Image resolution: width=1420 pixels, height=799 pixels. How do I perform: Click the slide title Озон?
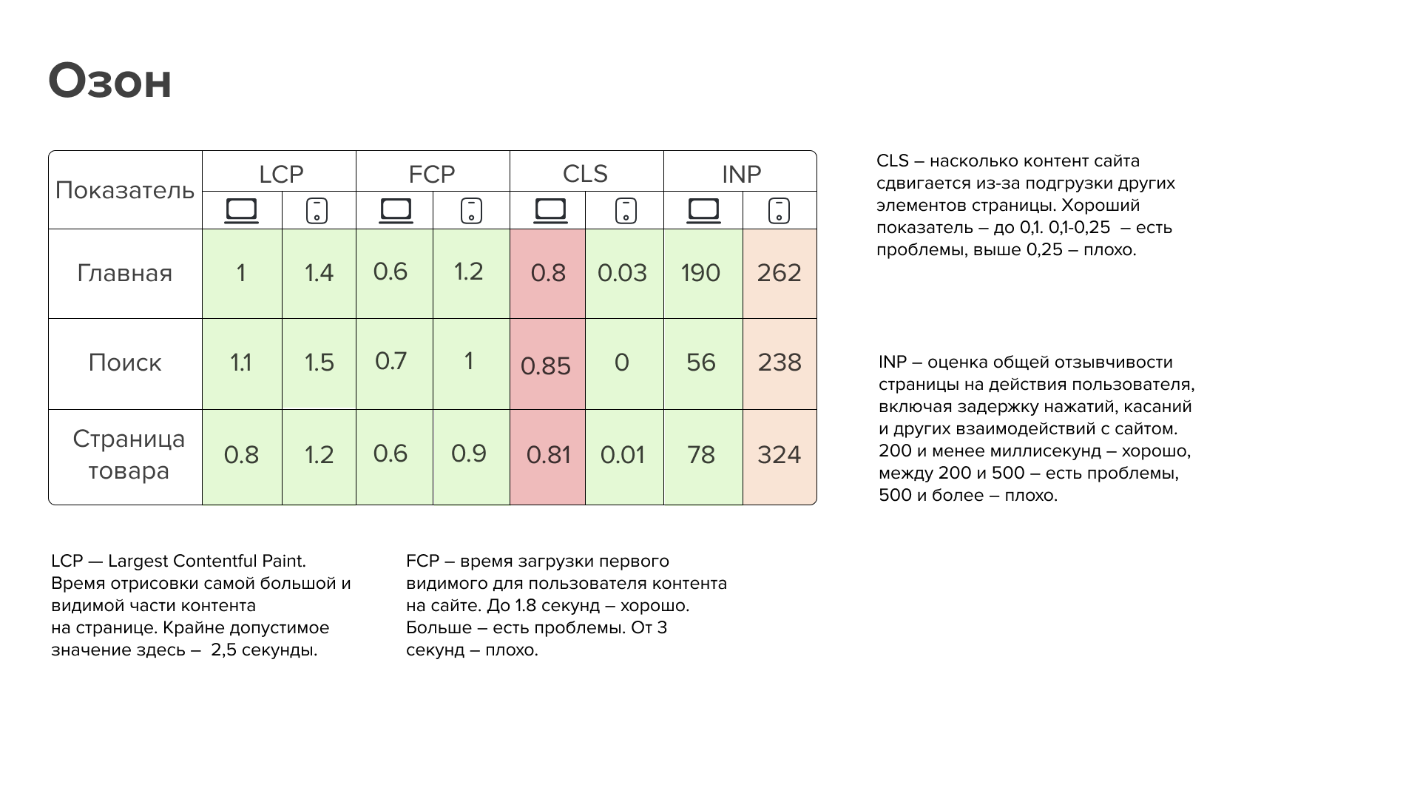[110, 81]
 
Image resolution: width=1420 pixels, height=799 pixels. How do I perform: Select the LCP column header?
[281, 174]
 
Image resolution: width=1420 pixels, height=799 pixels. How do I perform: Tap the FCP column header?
[432, 174]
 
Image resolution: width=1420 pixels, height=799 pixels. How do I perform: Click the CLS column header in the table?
[585, 174]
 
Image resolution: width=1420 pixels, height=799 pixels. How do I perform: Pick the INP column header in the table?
[741, 174]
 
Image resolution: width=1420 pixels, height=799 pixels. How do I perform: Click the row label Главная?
[125, 273]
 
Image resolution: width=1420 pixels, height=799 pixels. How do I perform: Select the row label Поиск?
[125, 363]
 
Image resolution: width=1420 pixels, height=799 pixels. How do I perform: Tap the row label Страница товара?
[129, 455]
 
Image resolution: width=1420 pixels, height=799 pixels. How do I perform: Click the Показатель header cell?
[125, 191]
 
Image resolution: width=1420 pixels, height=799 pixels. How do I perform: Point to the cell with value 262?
[779, 273]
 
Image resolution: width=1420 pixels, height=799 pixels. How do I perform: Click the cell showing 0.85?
[546, 365]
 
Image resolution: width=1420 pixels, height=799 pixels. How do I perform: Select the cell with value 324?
[779, 454]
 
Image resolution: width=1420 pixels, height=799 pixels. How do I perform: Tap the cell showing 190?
[700, 273]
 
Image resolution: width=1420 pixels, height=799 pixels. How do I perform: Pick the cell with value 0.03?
[622, 273]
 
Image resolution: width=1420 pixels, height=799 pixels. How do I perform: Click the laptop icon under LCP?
[242, 211]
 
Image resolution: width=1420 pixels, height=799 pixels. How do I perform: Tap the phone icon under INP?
[779, 211]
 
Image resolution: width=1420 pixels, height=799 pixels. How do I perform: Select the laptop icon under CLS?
[550, 211]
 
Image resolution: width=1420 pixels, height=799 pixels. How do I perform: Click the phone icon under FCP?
[471, 211]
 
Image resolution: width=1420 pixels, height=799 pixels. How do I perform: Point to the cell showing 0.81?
[548, 454]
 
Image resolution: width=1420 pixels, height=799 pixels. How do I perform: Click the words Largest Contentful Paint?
[207, 562]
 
